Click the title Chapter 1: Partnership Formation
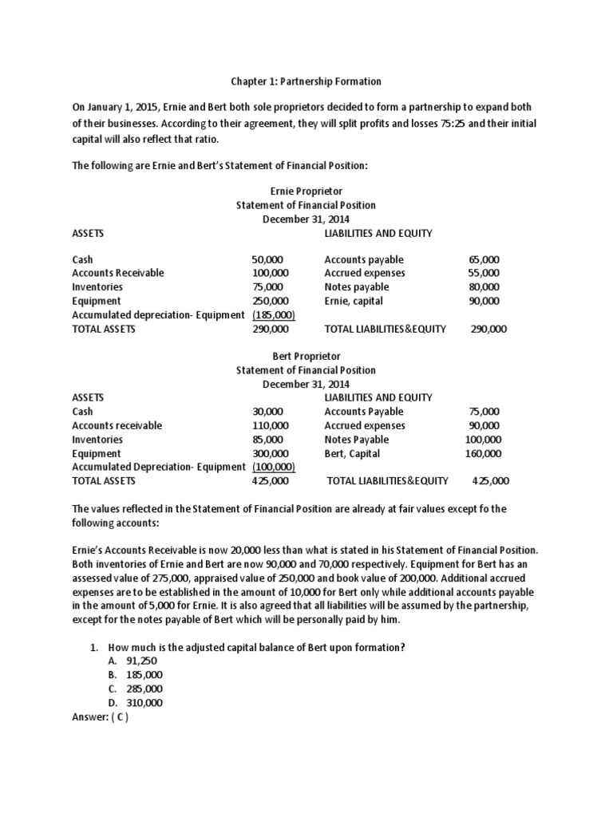click(x=306, y=81)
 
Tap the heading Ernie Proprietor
click(x=306, y=191)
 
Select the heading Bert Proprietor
click(x=306, y=356)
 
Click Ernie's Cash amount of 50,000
click(x=267, y=259)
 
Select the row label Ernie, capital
click(x=354, y=301)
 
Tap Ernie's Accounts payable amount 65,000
click(x=484, y=259)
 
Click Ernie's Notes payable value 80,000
click(x=484, y=287)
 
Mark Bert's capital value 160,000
click(x=484, y=453)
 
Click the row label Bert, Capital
click(x=352, y=453)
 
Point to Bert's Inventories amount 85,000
click(x=267, y=440)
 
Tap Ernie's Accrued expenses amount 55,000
click(x=484, y=273)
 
